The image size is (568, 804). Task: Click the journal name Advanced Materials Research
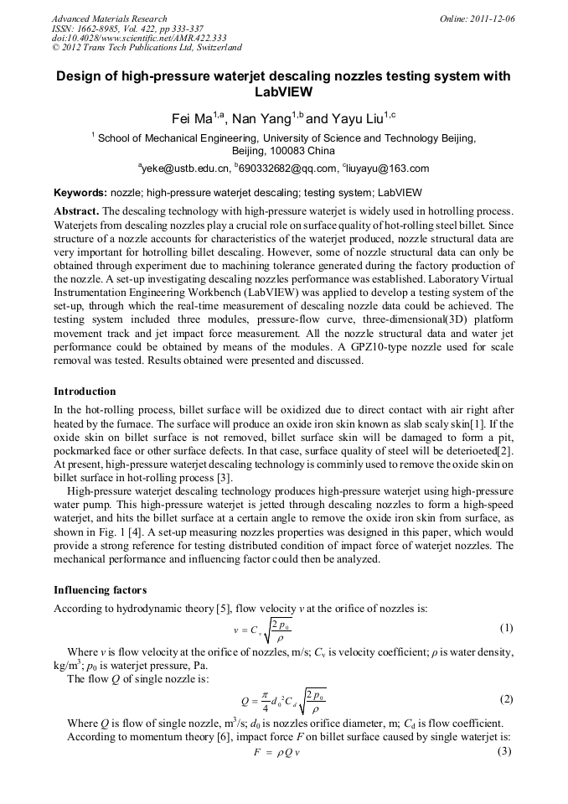[x=109, y=18]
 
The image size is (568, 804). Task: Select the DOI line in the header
[x=139, y=38]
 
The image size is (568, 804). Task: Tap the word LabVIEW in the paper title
[x=283, y=92]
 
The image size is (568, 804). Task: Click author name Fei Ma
[x=191, y=119]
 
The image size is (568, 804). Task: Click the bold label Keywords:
[x=81, y=192]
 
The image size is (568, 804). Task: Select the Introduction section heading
[x=85, y=392]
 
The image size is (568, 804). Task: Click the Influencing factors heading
[x=100, y=590]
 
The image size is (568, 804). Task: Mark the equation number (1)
[x=506, y=628]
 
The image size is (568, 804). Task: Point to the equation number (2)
[x=506, y=699]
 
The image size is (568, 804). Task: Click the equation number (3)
[x=506, y=751]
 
